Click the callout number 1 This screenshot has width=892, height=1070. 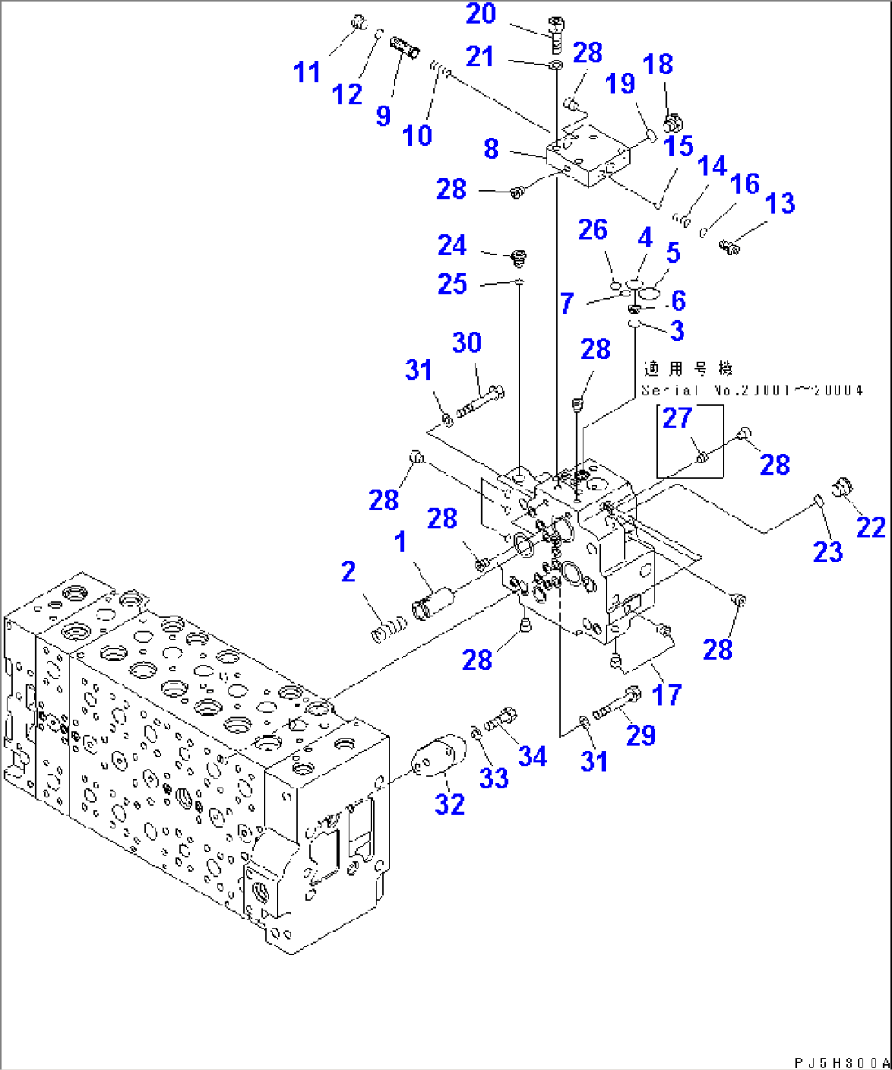400,542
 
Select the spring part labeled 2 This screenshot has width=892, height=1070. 389,630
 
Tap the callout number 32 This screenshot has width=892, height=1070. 449,804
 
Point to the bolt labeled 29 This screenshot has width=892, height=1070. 615,705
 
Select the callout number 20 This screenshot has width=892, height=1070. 481,14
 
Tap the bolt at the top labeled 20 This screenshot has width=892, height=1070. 555,33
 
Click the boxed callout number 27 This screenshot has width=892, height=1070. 677,418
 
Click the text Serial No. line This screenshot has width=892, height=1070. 751,391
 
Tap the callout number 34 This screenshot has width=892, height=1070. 532,756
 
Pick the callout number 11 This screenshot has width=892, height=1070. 307,72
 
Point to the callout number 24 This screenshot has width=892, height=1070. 452,245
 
